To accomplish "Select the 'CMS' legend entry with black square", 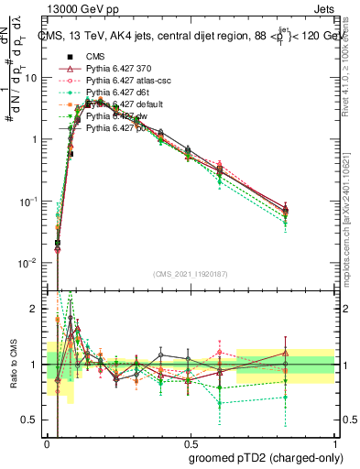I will tap(96, 57).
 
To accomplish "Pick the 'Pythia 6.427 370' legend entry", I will tap(119, 69).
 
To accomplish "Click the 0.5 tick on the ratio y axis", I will tap(33, 420).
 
